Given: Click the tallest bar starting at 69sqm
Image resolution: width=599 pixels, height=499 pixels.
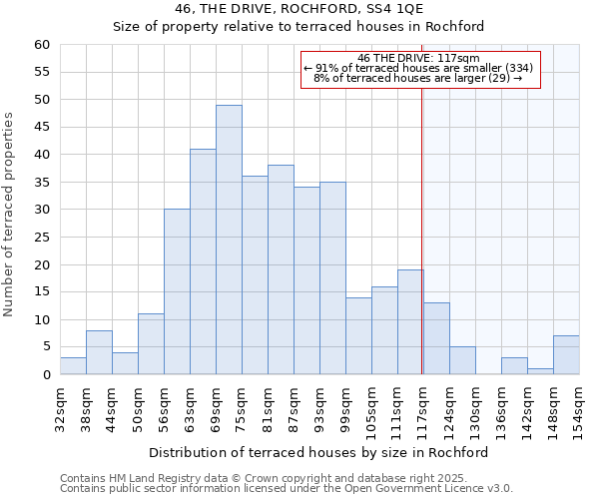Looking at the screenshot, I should [229, 240].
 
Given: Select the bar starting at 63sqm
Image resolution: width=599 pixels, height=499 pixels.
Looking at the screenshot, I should [203, 261].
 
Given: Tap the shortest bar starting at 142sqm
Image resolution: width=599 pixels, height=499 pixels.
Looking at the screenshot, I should [540, 371].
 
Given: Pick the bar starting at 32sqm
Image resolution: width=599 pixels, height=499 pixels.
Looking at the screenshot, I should [73, 366].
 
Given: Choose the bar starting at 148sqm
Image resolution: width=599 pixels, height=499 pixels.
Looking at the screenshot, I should [566, 355].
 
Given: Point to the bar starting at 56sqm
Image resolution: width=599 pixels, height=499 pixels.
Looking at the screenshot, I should [177, 291].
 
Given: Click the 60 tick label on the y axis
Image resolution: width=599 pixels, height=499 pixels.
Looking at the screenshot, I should [42, 45].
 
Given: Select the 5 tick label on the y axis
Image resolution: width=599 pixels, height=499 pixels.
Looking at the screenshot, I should [46, 347].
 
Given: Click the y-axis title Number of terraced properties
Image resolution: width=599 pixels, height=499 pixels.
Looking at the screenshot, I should [10, 214].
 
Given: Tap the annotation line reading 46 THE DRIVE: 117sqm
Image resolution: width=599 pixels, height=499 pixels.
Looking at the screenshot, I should [419, 58].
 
